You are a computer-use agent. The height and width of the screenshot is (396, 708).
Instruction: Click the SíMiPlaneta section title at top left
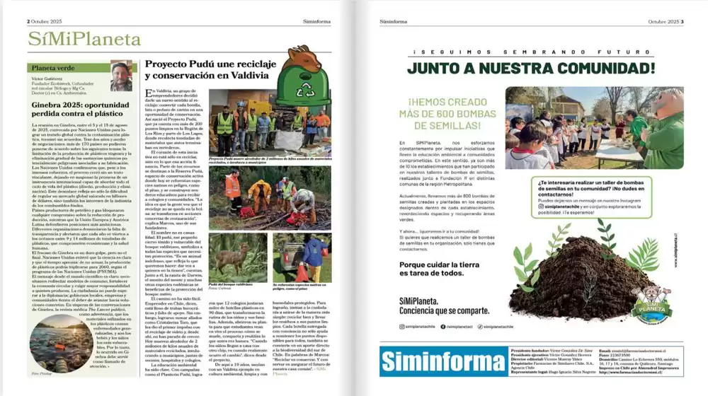point(75,40)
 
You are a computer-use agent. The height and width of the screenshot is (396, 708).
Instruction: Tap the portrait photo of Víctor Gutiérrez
point(121,76)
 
